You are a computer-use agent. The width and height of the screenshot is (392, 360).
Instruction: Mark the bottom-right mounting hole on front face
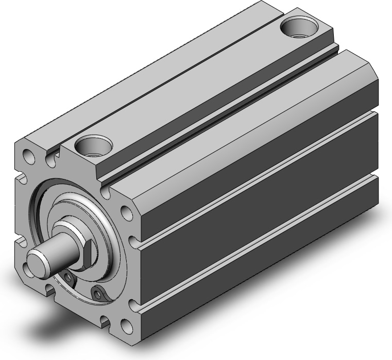coord(125,326)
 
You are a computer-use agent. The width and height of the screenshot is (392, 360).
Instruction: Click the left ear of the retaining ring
coord(69,279)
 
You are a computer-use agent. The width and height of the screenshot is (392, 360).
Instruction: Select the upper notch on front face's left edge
coord(22,180)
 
